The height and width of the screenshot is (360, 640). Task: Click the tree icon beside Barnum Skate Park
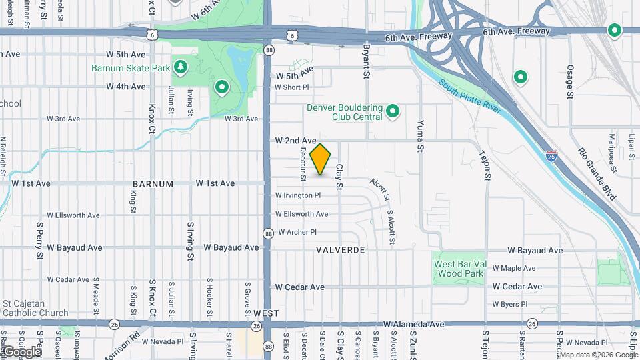(x=179, y=67)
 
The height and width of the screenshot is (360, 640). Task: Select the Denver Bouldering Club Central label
(x=344, y=112)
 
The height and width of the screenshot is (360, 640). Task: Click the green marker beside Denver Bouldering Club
(x=393, y=111)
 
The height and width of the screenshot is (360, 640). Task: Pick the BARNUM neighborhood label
(x=153, y=184)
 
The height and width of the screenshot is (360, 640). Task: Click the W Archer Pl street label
(x=297, y=232)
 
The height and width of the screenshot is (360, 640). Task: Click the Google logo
(x=22, y=351)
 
